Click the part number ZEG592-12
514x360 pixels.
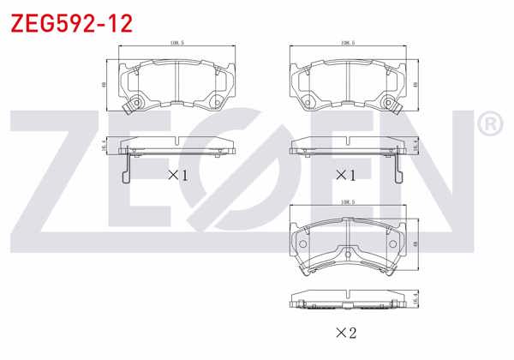coord(70,23)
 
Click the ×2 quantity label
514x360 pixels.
coord(346,332)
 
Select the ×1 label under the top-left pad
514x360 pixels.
coord(176,175)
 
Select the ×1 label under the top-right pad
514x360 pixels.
coord(344,175)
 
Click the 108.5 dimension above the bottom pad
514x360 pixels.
coord(348,204)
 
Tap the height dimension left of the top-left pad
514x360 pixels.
coord(103,85)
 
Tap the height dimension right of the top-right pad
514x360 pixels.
coord(415,85)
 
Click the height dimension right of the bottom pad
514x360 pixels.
coord(415,245)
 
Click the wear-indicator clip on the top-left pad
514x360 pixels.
coord(131,105)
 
